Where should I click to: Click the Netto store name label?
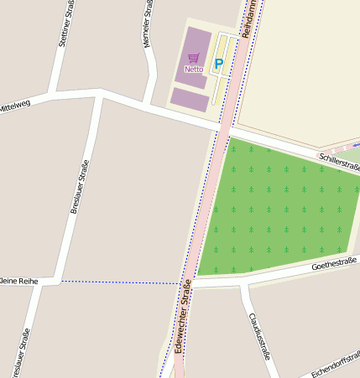tap(194, 69)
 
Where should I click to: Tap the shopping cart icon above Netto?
tap(194, 58)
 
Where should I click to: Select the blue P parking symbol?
tap(219, 64)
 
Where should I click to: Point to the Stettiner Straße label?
tap(63, 25)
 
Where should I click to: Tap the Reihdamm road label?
tap(249, 18)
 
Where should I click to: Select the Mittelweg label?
tap(14, 106)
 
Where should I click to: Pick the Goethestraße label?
tap(334, 265)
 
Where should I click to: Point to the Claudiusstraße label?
tap(260, 336)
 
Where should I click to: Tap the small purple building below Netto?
tap(190, 100)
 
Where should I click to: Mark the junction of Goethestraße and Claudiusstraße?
tap(243, 283)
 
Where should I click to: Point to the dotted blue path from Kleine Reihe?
tap(117, 282)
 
